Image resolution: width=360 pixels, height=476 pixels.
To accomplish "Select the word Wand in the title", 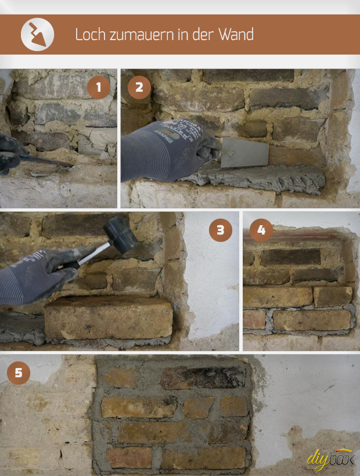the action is [x=236, y=34].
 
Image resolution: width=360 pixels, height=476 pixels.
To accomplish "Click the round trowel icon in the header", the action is [x=37, y=34].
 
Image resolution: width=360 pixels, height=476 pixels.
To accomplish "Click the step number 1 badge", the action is [x=99, y=88].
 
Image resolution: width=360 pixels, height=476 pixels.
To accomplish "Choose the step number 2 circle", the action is [x=139, y=88].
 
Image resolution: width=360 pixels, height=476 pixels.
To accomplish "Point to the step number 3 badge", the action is [x=221, y=230].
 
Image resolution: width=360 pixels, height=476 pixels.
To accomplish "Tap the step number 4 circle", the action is [x=261, y=230].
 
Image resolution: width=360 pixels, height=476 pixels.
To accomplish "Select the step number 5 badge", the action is [x=19, y=373].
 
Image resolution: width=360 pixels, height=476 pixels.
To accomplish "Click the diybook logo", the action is [x=330, y=459].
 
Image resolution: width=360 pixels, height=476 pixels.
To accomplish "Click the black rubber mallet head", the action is [x=121, y=235].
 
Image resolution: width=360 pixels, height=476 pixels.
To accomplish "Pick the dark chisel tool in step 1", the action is [x=45, y=160].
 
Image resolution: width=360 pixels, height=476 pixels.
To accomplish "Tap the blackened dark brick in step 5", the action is [x=203, y=377].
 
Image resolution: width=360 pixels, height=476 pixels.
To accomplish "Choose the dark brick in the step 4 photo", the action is [x=290, y=257].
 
